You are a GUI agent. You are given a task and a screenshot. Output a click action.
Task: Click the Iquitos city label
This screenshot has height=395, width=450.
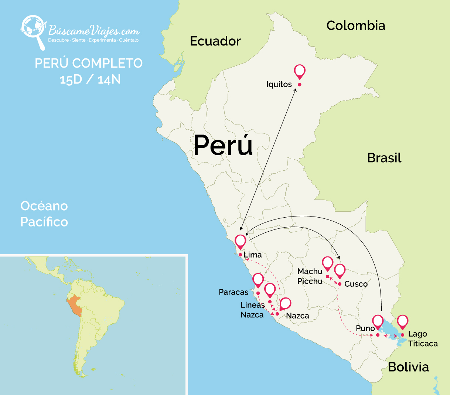point(279,84)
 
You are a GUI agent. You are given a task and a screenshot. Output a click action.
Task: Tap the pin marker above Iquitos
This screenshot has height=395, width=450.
point(300,71)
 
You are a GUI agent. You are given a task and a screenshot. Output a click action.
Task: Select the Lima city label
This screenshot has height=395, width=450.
point(253,255)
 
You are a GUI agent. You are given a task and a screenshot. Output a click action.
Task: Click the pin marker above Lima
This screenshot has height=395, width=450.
point(241,242)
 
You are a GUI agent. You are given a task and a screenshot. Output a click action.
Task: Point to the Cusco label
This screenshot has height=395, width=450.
point(356,284)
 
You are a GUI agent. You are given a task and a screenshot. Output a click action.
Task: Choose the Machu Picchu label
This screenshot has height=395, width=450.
point(310,276)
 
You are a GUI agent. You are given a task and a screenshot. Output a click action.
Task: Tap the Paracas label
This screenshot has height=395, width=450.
point(233,292)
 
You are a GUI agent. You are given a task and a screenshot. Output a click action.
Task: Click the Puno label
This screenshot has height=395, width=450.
point(365,328)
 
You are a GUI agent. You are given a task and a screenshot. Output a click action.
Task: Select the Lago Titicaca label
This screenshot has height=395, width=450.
point(423,339)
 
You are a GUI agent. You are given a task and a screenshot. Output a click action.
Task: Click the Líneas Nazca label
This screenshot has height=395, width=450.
point(252,310)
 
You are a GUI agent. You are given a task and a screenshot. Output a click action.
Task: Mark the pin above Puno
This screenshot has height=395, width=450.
point(378,322)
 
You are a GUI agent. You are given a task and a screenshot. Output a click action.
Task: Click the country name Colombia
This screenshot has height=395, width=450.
point(356,25)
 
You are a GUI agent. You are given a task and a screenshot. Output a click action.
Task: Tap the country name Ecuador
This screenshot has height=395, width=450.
point(215,41)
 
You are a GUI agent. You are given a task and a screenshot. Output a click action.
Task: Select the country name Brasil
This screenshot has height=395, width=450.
point(384,158)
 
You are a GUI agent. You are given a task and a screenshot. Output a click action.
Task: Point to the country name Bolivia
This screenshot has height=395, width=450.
point(408,367)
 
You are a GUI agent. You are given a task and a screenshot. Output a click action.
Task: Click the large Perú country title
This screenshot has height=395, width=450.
point(223,145)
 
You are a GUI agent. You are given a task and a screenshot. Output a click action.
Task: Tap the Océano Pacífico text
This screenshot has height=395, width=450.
point(44,214)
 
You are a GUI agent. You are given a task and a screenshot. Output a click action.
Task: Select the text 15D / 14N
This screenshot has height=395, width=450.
point(90,79)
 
